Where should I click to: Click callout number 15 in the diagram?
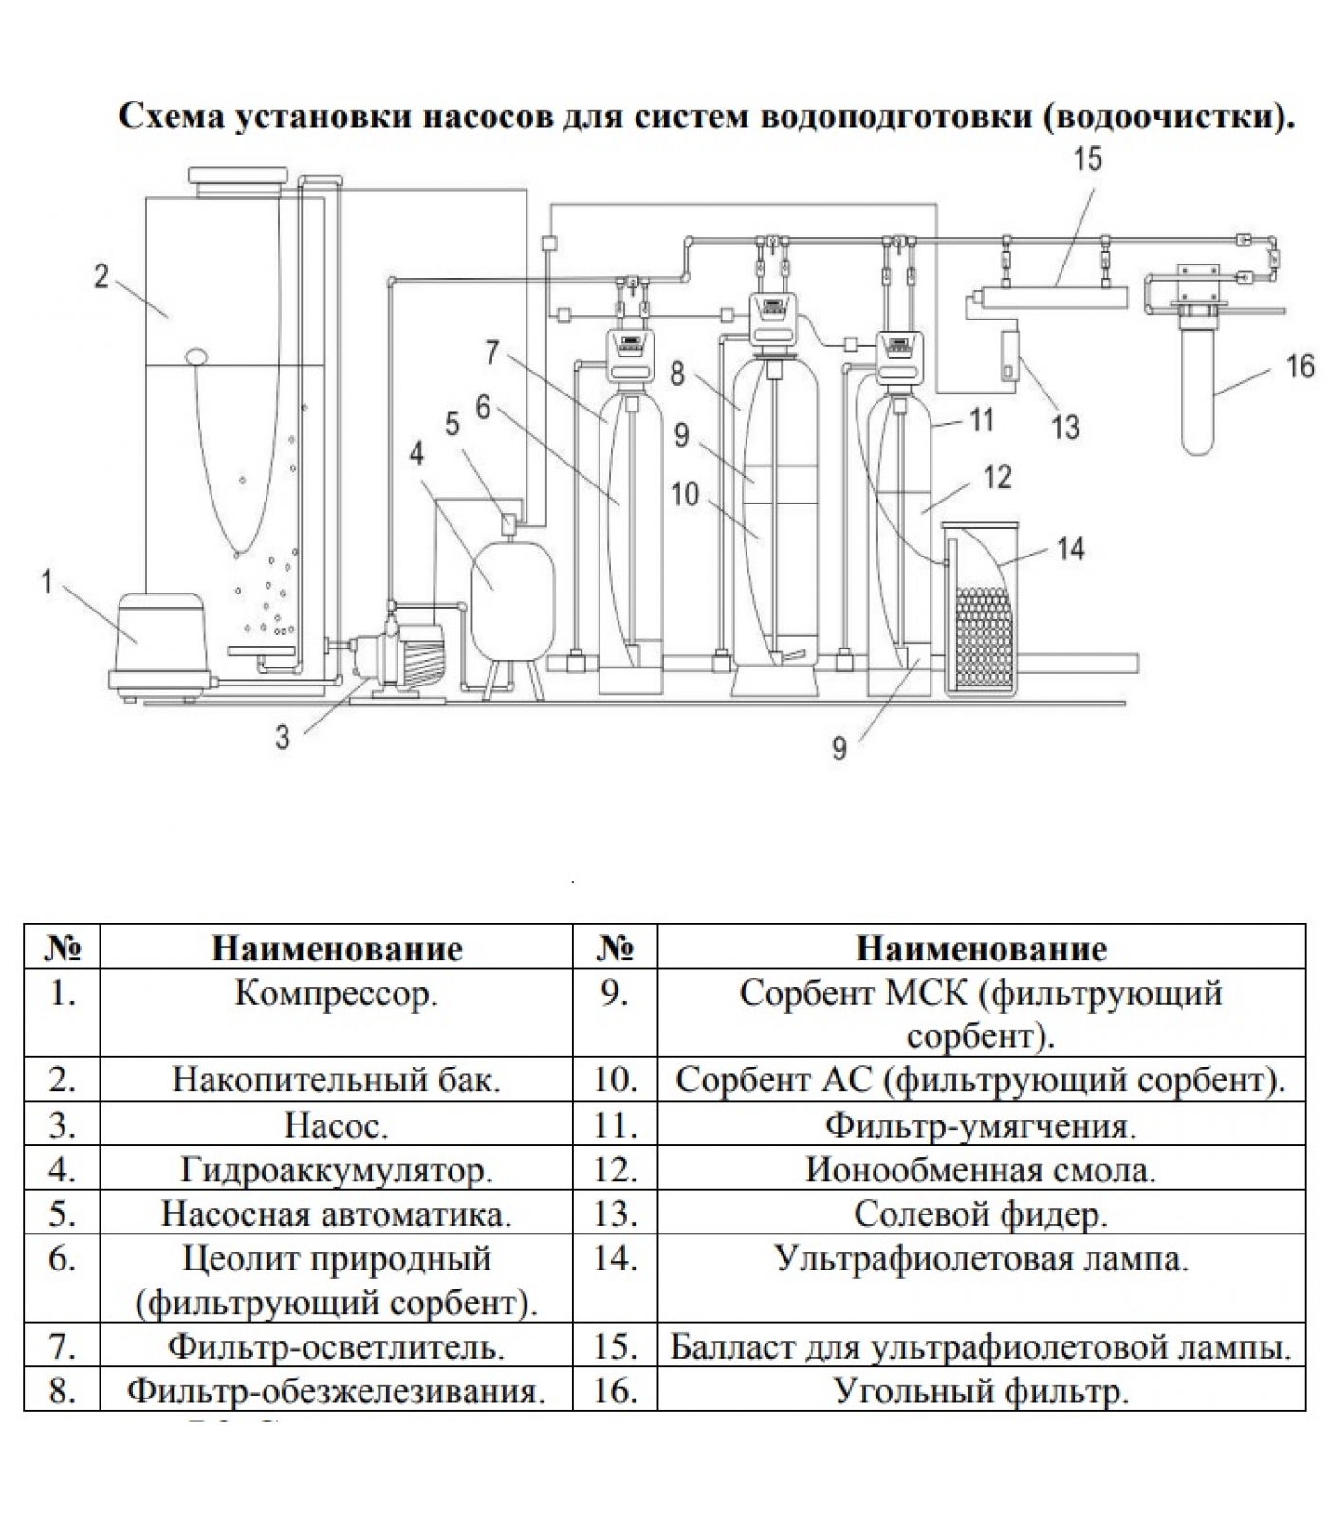click(1087, 158)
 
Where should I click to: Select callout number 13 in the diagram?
click(1064, 427)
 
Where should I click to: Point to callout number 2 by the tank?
click(101, 277)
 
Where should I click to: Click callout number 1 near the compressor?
click(46, 580)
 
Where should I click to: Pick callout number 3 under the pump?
click(282, 737)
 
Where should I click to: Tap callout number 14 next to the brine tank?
click(1070, 548)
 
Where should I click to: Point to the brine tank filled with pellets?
click(982, 616)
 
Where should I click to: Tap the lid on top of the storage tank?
click(239, 177)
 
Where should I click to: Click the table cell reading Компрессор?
click(336, 994)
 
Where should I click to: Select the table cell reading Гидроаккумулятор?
click(336, 1170)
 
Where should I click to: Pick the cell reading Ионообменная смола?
click(981, 1170)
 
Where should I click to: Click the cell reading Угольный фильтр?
click(981, 1391)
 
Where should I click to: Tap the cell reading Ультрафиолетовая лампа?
click(981, 1259)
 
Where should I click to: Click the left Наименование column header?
click(336, 948)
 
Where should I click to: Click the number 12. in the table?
click(615, 1170)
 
